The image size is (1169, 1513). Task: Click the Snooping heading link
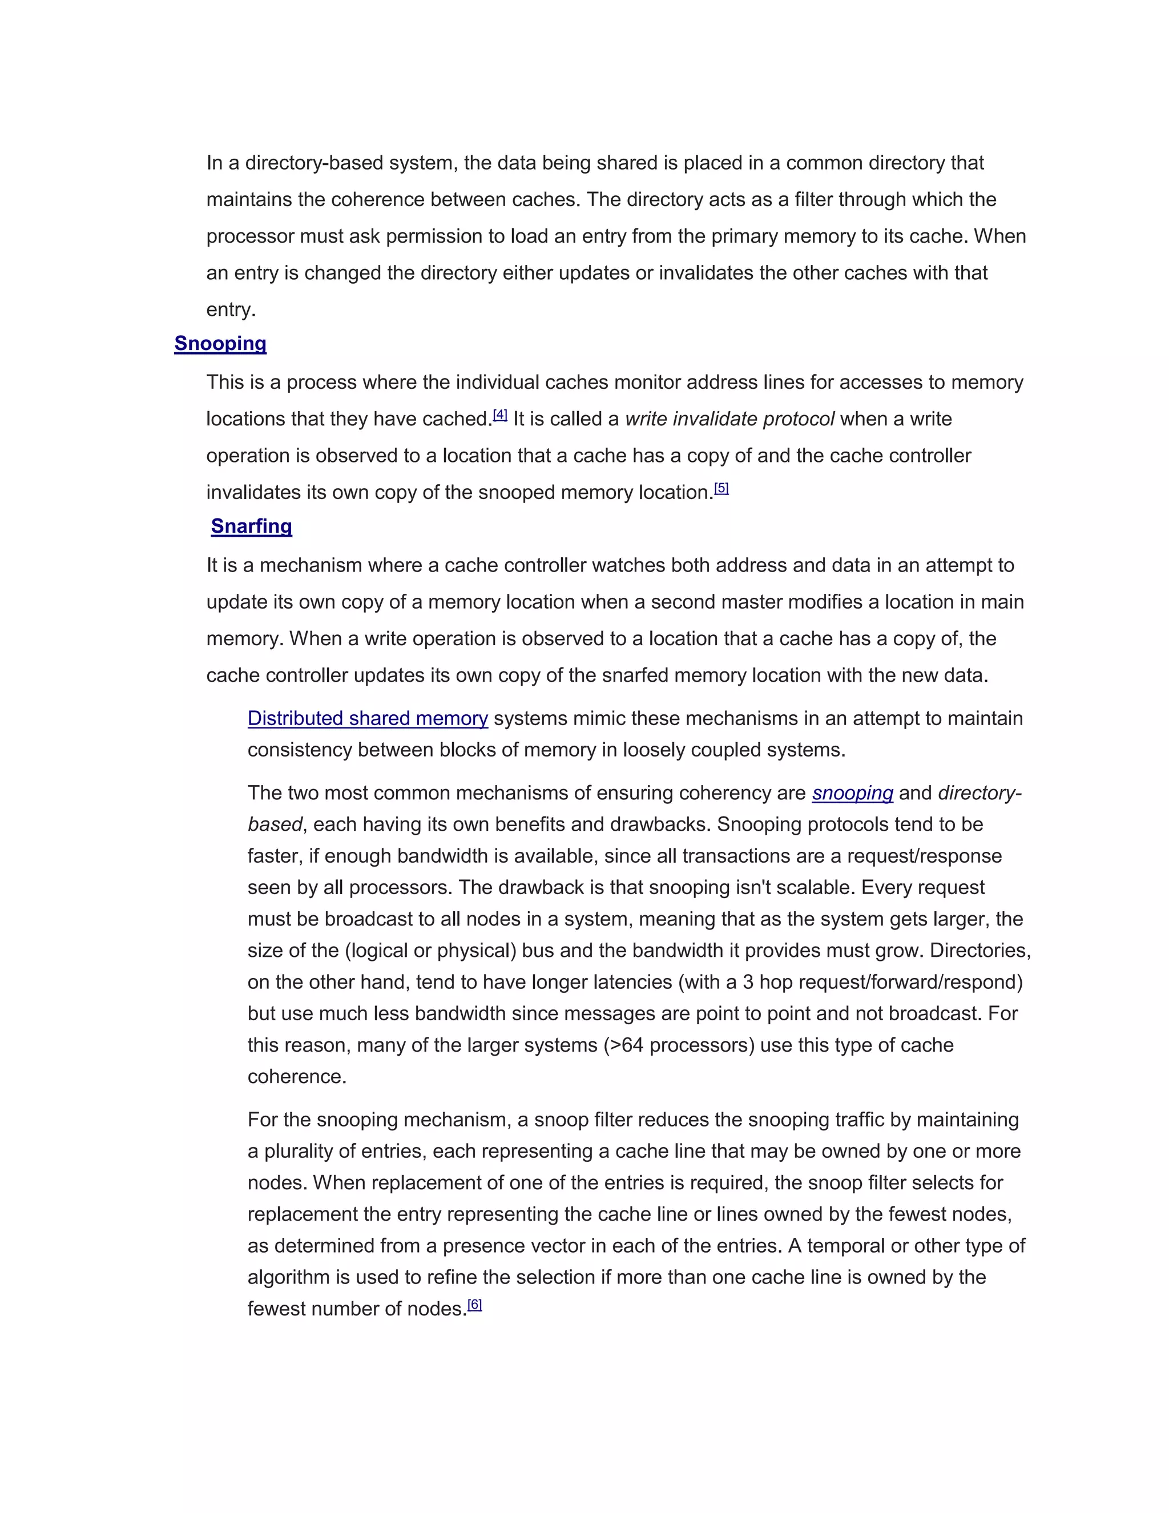[x=220, y=344]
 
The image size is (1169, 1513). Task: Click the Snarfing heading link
[x=251, y=526]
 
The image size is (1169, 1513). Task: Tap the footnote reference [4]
[x=500, y=415]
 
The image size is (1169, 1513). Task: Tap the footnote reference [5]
[x=721, y=488]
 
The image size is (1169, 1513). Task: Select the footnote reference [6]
[x=474, y=1305]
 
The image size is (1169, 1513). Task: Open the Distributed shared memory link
[x=368, y=718]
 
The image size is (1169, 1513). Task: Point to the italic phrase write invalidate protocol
[x=729, y=419]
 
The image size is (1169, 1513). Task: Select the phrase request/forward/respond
[x=902, y=983]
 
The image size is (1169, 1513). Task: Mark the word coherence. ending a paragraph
[x=297, y=1077]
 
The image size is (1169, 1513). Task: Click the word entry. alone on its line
[x=231, y=309]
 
